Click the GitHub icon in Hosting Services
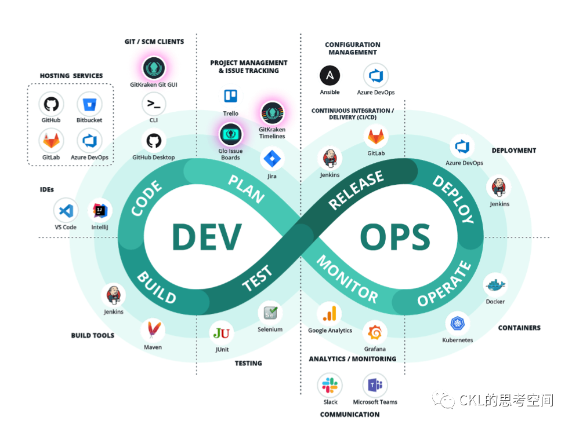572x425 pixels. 51,104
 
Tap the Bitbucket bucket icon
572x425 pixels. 89,104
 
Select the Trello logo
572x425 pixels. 230,96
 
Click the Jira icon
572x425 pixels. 271,158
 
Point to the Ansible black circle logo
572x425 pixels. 330,75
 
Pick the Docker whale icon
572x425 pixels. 495,285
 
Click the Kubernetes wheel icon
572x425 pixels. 457,324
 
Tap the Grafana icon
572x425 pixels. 375,333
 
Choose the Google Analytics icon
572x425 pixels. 330,314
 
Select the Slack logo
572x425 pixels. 330,385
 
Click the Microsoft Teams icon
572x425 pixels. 375,385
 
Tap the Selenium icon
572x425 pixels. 270,313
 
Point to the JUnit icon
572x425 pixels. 222,333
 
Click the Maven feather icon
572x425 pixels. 153,331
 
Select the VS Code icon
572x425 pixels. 66,211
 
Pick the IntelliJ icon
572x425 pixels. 100,211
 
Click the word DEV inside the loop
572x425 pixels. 207,237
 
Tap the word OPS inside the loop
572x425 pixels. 395,237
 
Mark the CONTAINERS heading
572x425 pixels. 519,328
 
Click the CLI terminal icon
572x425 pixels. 154,104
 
